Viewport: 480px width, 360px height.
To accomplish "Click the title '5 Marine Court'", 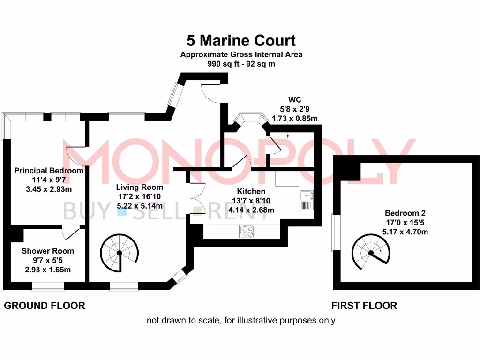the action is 241,40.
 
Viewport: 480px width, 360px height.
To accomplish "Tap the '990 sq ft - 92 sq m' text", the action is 241,64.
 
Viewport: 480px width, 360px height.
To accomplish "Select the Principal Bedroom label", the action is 49,171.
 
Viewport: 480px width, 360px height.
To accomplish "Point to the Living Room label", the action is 139,187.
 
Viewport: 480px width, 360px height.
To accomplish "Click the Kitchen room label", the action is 251,191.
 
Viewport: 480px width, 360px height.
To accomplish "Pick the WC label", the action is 294,99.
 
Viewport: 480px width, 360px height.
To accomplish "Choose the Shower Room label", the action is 48,251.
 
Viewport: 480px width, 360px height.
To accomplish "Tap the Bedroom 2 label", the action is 405,213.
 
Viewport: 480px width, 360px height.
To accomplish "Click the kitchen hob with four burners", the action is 247,232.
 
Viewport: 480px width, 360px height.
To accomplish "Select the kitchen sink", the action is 306,200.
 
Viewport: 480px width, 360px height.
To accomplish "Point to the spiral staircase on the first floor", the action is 371,252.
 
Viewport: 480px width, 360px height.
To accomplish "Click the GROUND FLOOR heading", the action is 45,306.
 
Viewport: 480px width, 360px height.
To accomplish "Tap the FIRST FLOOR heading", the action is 364,306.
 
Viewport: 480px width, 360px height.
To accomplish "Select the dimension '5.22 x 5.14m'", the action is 140,206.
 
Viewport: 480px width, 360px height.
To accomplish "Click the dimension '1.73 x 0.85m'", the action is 294,119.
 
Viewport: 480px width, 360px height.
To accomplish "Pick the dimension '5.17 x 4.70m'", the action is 405,232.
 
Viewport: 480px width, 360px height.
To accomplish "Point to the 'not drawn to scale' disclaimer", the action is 241,321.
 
